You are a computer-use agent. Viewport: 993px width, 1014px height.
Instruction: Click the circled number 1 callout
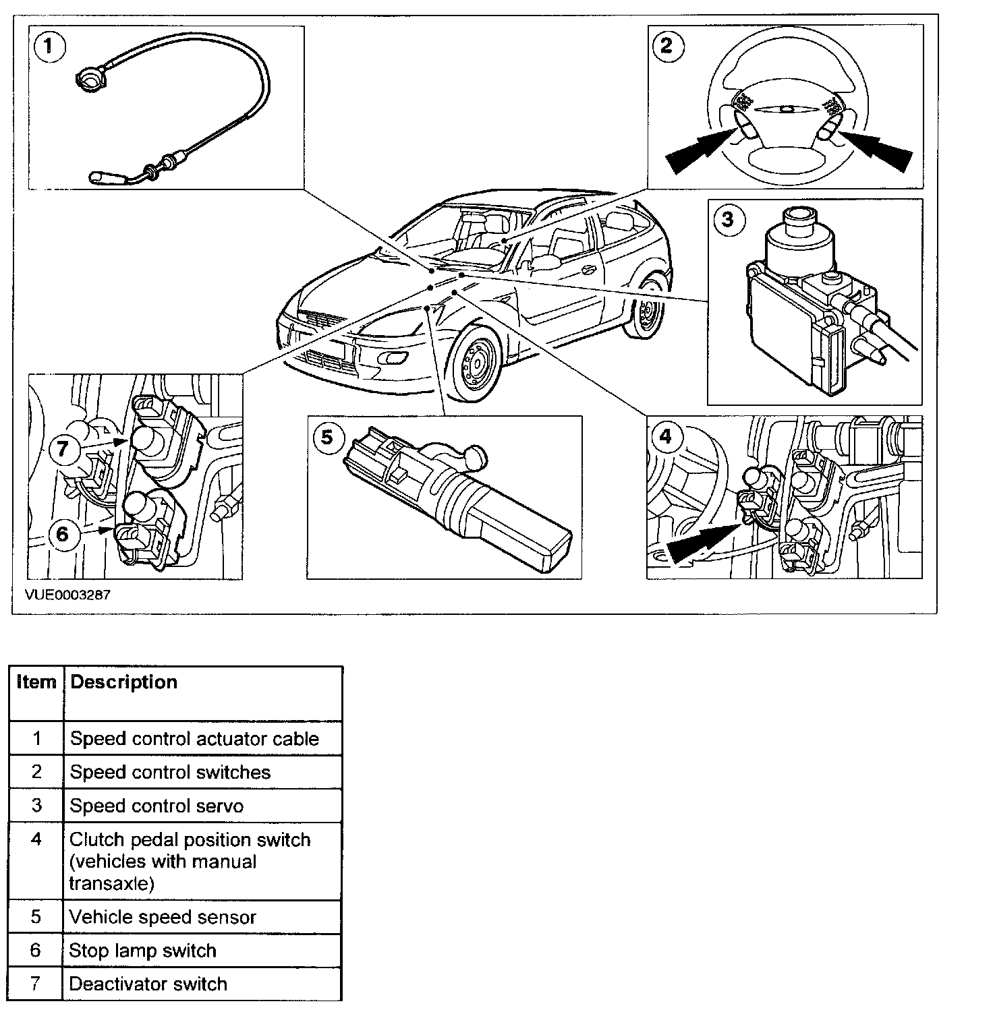[x=49, y=47]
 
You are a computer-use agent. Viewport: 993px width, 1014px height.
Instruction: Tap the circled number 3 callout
[x=728, y=220]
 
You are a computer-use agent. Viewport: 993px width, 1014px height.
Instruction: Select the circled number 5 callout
[x=327, y=437]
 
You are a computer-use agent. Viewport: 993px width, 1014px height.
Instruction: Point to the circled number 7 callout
[x=63, y=448]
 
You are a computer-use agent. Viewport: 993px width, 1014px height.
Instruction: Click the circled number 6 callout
[x=63, y=534]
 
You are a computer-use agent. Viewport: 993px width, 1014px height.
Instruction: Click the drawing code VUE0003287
[x=67, y=595]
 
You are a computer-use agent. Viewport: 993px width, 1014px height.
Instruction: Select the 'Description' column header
[x=124, y=682]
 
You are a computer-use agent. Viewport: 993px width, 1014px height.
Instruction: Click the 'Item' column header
[x=36, y=682]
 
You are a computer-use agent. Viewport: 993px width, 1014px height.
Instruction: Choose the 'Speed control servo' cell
[x=157, y=806]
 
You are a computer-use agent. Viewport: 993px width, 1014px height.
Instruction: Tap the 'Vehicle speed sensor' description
[x=163, y=918]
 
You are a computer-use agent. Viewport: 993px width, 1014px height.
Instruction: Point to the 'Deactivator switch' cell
[x=148, y=984]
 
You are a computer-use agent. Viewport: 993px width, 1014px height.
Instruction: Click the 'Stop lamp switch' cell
[x=143, y=951]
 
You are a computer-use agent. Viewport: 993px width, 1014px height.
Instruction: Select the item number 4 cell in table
[x=36, y=840]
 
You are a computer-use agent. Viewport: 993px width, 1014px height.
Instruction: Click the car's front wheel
[x=476, y=365]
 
